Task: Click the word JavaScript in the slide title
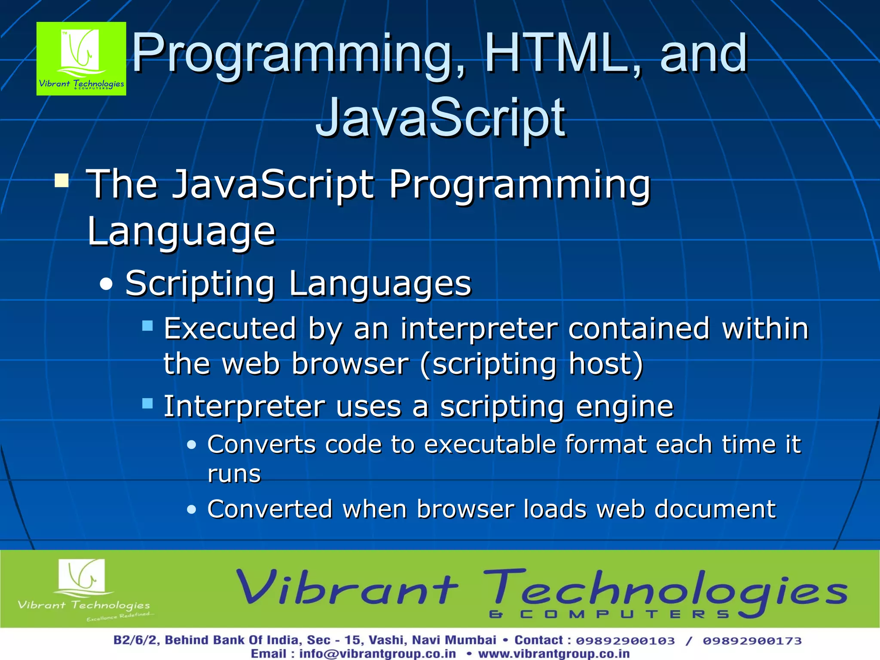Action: click(x=440, y=118)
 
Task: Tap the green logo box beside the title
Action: click(x=81, y=59)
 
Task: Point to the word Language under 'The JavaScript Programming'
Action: click(x=181, y=232)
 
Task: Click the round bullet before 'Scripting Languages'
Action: click(x=106, y=284)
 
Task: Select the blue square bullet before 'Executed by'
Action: click(x=147, y=326)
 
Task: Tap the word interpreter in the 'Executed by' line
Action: click(x=479, y=329)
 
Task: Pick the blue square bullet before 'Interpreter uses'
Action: click(x=147, y=403)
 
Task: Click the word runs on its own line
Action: click(x=234, y=474)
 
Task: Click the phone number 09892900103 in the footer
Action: click(x=625, y=641)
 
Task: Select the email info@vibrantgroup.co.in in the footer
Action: click(x=377, y=654)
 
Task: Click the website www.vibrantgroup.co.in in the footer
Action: click(x=554, y=654)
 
